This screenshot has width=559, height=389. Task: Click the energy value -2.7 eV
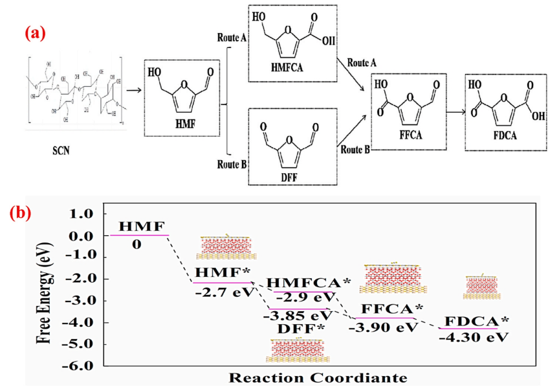point(220,292)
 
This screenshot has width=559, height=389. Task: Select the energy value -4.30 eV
point(470,337)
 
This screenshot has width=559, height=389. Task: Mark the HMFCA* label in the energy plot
point(309,283)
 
